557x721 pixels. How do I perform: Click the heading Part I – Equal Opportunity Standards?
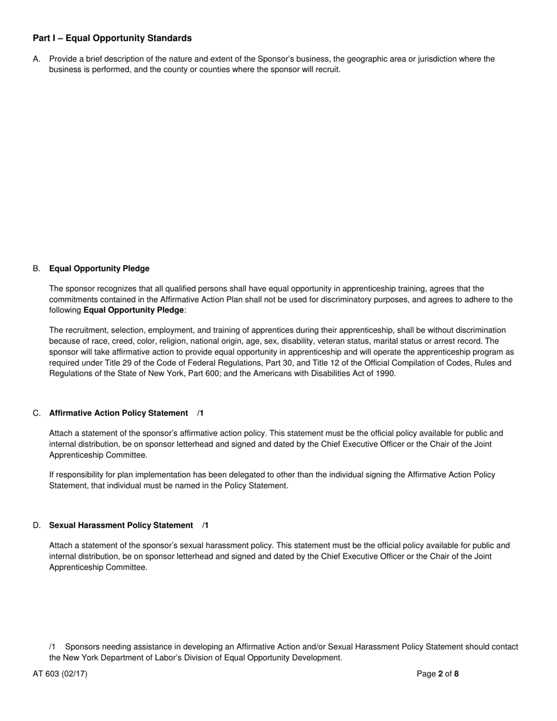click(112, 38)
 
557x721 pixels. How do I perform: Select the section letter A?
click(36, 59)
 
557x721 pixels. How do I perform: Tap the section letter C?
click(36, 413)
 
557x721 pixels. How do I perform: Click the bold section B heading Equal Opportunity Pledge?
click(99, 268)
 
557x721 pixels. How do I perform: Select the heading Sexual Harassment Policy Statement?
click(121, 525)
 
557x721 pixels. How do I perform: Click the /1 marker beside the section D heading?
click(205, 525)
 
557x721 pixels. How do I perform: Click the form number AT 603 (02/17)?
click(60, 674)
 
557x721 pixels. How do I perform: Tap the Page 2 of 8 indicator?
click(437, 674)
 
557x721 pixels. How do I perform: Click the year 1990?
click(386, 373)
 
